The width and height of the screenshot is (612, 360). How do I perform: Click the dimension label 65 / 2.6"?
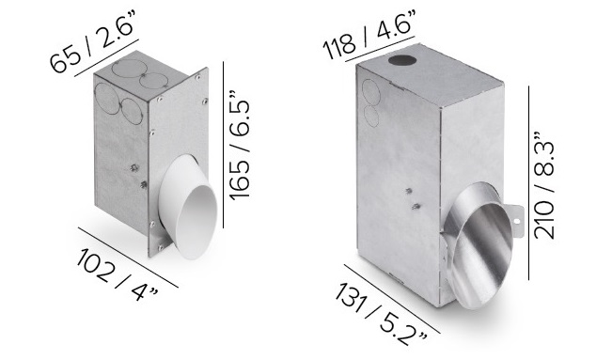pos(93,43)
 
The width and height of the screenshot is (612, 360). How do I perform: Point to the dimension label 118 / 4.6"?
pos(369,35)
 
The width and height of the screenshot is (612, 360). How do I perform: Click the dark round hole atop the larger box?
pos(402,61)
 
